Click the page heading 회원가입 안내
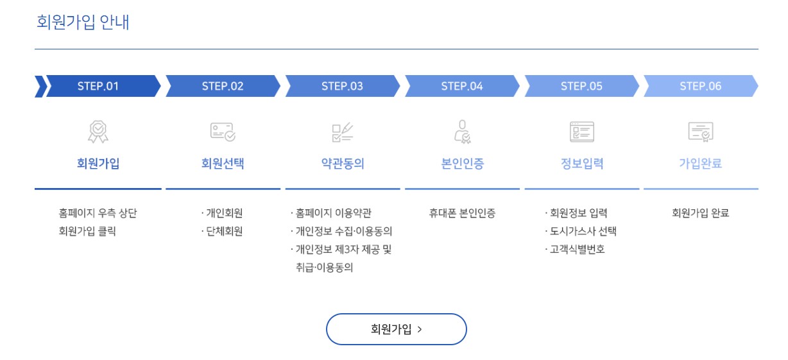tap(83, 22)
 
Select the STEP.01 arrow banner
tap(98, 86)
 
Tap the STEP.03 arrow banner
tap(342, 86)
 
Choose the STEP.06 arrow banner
tap(700, 86)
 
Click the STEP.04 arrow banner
tap(461, 86)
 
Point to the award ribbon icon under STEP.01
tap(98, 132)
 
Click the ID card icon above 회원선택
tap(223, 132)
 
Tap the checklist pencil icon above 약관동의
tap(342, 132)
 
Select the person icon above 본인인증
tap(462, 132)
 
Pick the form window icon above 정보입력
tap(581, 132)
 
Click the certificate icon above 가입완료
tap(700, 132)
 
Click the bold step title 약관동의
tap(342, 164)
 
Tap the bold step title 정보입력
tap(581, 164)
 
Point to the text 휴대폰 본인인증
tap(462, 214)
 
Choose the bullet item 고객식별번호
tap(577, 250)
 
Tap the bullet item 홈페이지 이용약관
tap(333, 214)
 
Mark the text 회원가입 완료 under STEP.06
tap(700, 214)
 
